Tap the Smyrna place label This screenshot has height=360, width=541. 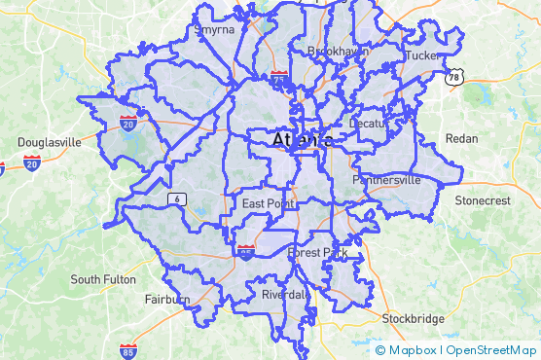214,30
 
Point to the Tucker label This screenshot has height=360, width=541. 423,55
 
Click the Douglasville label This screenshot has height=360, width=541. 49,142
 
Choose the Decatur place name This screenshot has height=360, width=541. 369,124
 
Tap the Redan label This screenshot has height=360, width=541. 461,139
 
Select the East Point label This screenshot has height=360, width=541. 268,203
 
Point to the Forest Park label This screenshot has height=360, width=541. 317,253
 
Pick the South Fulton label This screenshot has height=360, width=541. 103,279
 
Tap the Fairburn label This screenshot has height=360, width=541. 166,299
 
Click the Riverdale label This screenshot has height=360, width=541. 286,294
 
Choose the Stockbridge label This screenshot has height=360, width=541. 413,319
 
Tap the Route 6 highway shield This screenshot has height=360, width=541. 176,199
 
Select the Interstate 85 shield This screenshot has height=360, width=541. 127,350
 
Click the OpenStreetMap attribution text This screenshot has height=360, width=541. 490,350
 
